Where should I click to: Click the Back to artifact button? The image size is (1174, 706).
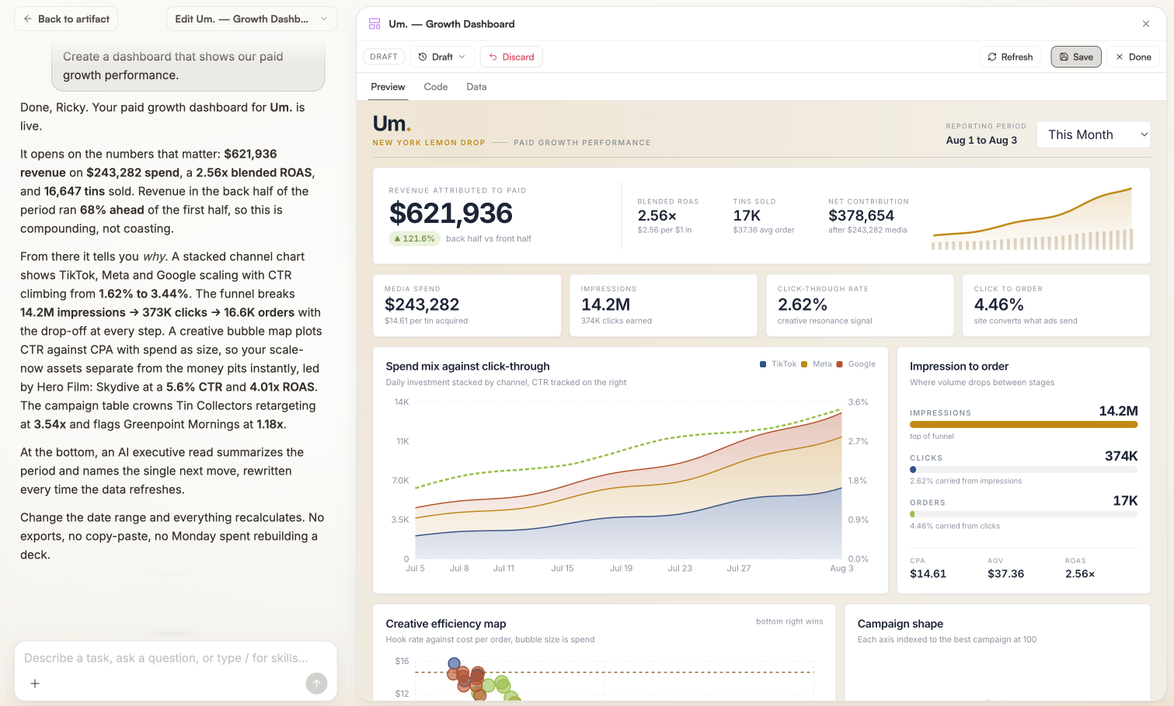(66, 19)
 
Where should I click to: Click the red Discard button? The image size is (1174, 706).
(511, 57)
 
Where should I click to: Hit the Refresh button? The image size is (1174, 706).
(1010, 57)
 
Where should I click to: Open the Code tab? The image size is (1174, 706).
(436, 87)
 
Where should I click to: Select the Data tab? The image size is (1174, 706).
(476, 87)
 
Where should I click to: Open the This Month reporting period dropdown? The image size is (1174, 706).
(1094, 134)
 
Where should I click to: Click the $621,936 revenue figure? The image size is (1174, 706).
(451, 213)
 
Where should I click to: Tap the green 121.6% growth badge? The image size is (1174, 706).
(414, 238)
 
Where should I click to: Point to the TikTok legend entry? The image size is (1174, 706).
(779, 364)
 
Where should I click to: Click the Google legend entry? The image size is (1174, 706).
(856, 364)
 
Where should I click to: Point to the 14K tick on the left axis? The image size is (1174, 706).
(402, 402)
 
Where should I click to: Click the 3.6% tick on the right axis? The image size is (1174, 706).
(858, 402)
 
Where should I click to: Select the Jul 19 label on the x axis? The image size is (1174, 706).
(621, 569)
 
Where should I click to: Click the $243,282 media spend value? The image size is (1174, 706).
(422, 304)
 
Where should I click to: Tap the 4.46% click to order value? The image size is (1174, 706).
(998, 304)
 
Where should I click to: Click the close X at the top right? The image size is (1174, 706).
(1146, 23)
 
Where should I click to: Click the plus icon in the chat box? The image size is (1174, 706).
(35, 683)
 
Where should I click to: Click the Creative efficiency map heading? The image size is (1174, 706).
(446, 624)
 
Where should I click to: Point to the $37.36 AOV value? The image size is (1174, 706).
(1005, 573)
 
